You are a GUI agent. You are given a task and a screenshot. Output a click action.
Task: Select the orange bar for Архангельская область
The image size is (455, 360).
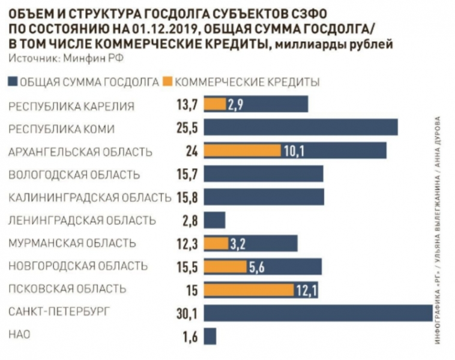pyautogui.click(x=242, y=150)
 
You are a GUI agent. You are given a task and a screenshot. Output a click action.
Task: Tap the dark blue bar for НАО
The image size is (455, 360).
pyautogui.click(x=209, y=336)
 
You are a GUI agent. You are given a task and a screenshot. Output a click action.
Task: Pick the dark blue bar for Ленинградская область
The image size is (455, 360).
pyautogui.click(x=214, y=220)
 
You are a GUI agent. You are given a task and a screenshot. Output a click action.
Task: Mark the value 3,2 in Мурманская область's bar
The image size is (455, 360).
pyautogui.click(x=237, y=244)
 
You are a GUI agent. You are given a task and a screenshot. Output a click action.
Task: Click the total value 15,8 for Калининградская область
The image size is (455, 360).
pyautogui.click(x=185, y=197)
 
